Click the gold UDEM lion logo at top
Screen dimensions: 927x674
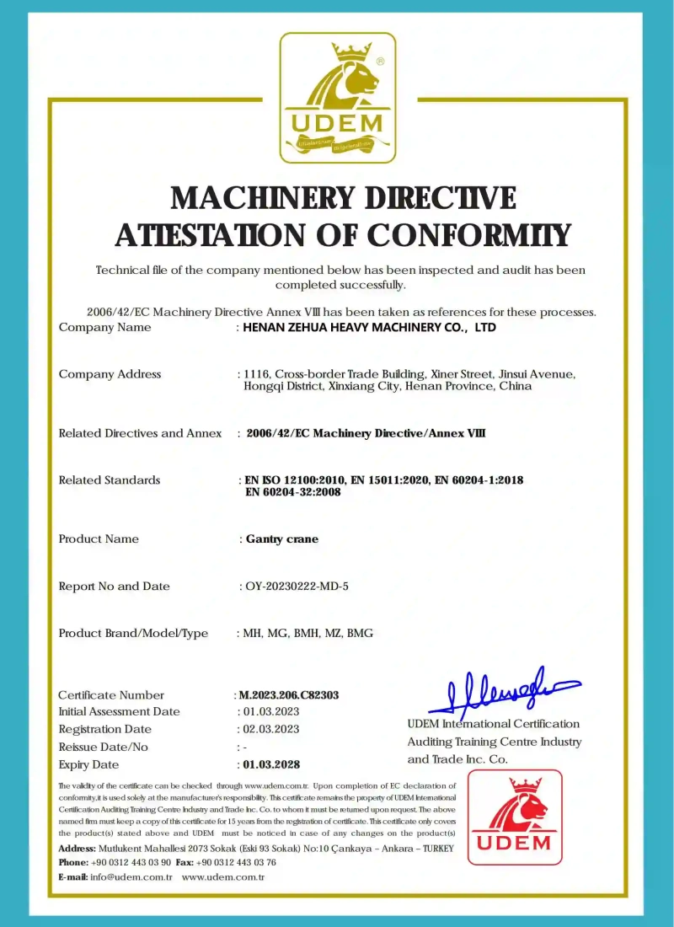337,97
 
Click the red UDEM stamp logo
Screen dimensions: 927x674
514,817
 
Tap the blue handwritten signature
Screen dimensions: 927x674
504,692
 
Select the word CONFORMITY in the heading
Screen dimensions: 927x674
470,235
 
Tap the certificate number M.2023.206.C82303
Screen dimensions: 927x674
289,695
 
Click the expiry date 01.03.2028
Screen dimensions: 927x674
270,765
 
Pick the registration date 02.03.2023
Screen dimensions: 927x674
270,730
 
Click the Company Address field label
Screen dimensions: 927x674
110,374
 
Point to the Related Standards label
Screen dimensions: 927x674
110,480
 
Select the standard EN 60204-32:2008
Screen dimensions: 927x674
292,492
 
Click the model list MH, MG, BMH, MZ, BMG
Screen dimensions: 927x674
308,634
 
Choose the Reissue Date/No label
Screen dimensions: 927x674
104,747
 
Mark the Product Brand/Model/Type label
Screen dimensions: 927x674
133,634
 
